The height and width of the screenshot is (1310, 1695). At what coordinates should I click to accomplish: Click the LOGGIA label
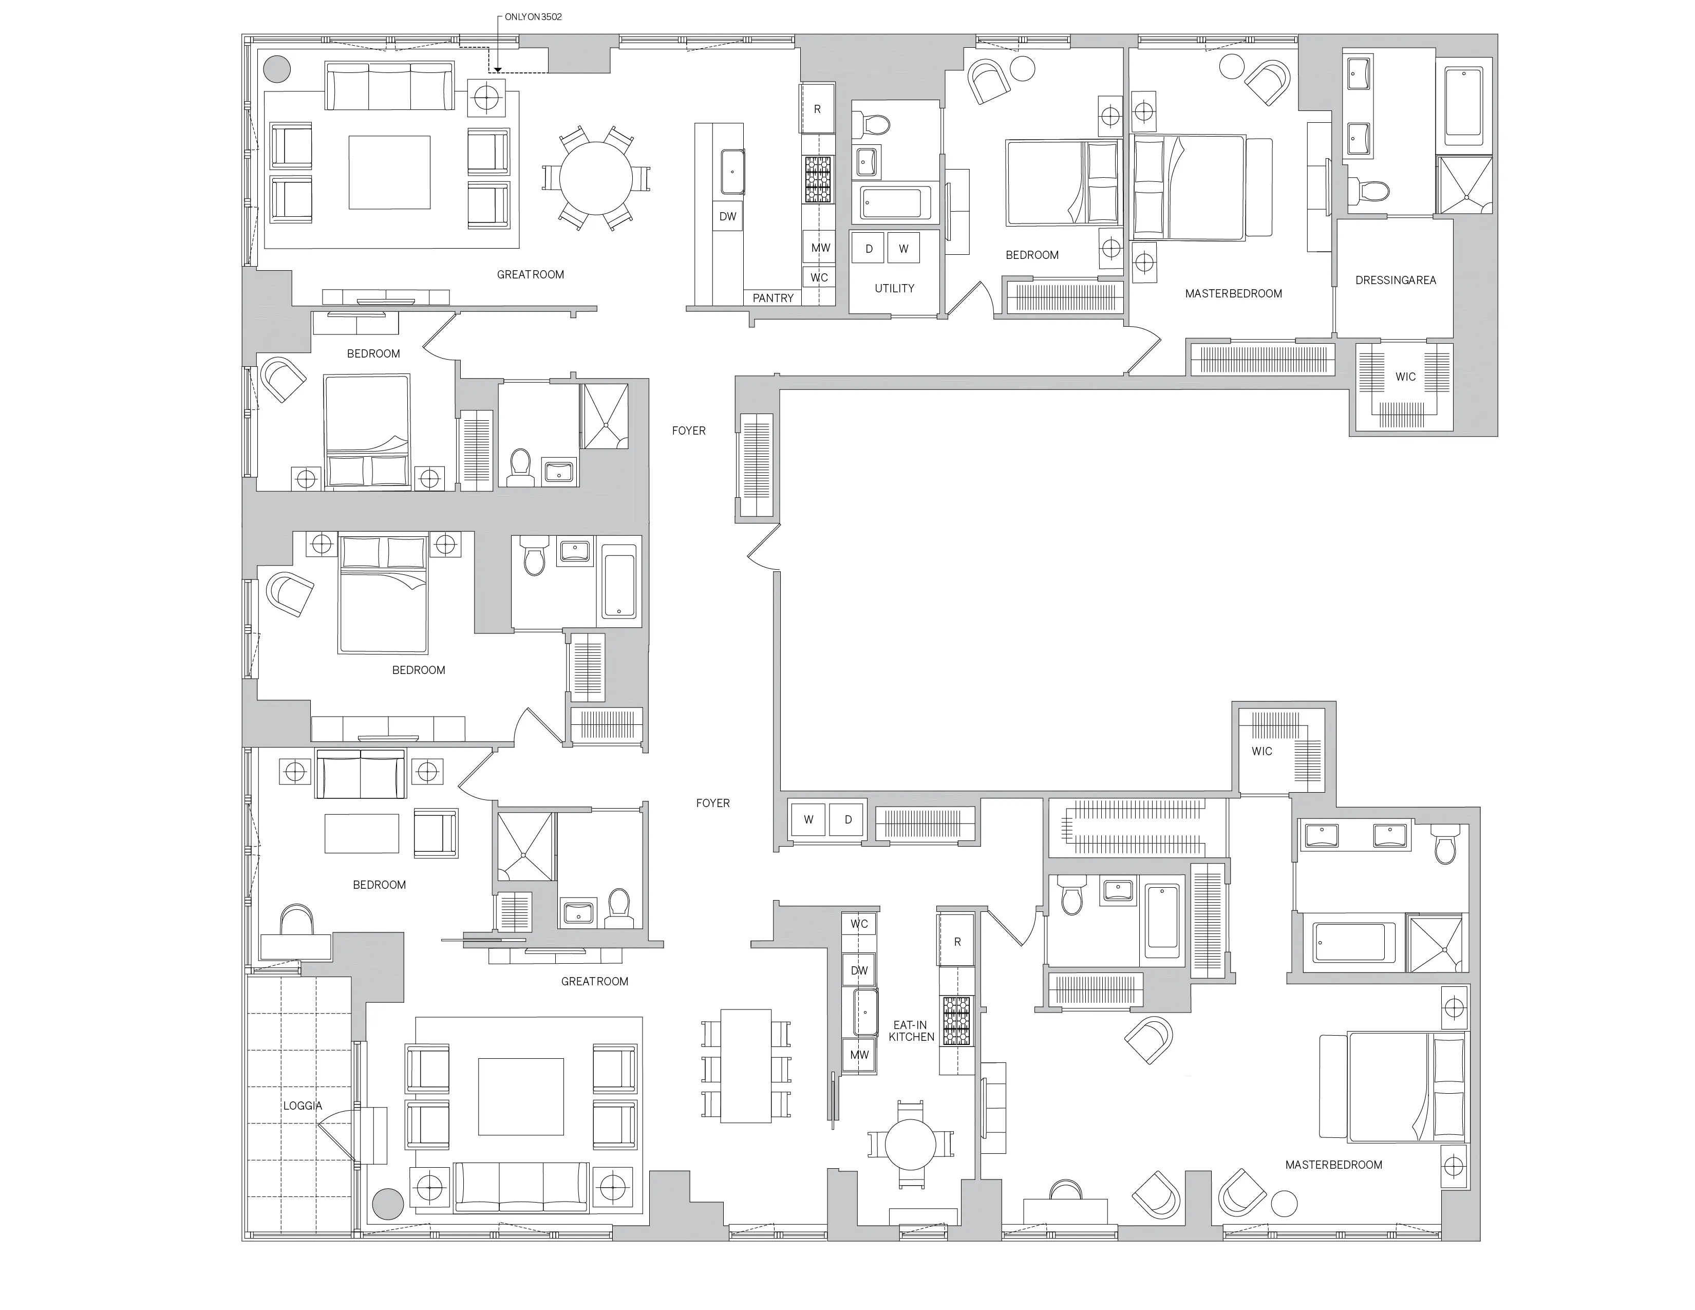[302, 1106]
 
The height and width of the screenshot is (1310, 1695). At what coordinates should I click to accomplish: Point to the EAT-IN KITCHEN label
[911, 1031]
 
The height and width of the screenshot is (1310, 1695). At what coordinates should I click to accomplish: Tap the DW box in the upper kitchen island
[727, 216]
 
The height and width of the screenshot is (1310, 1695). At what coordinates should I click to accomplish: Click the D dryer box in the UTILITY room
[869, 248]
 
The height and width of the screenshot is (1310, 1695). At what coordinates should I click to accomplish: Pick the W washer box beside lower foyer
[808, 819]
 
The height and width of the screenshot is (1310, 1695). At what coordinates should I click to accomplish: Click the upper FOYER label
[688, 431]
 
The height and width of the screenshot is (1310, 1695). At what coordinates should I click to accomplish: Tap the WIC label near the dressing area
[1405, 377]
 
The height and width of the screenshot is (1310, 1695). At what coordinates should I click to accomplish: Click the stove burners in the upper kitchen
[817, 180]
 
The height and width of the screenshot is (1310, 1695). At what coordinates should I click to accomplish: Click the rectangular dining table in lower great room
[745, 1065]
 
